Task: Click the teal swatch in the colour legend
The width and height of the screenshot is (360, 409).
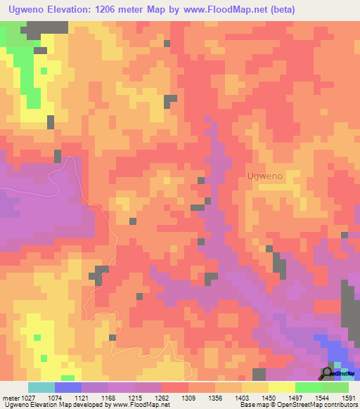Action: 41,388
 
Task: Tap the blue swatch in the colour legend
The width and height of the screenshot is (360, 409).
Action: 67,388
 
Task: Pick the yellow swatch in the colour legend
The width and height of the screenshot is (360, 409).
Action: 281,388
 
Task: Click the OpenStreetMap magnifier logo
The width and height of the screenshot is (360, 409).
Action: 327,372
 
